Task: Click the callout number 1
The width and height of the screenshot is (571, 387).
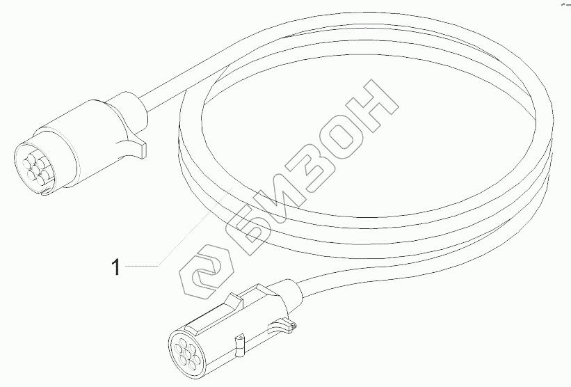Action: pyautogui.click(x=117, y=266)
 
